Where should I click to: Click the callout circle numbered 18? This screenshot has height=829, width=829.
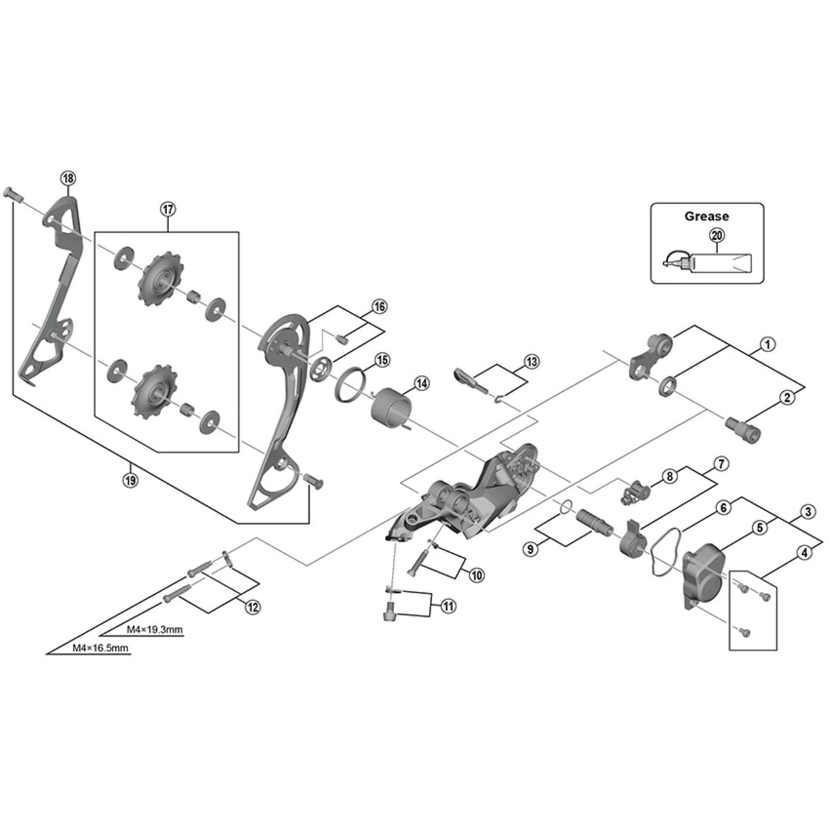68,179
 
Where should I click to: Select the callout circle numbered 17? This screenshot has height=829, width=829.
168,209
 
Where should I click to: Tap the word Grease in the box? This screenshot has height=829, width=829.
706,216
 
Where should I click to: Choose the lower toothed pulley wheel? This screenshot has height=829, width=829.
153,390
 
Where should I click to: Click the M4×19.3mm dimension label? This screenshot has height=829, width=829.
155,630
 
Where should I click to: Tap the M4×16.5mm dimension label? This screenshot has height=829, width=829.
100,648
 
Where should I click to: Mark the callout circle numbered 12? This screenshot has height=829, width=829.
252,607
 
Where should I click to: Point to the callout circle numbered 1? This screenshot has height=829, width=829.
768,344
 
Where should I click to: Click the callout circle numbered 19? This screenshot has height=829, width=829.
131,480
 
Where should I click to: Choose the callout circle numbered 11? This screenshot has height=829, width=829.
448,606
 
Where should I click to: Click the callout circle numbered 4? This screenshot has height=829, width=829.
805,553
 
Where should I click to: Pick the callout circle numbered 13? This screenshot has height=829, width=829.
532,361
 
